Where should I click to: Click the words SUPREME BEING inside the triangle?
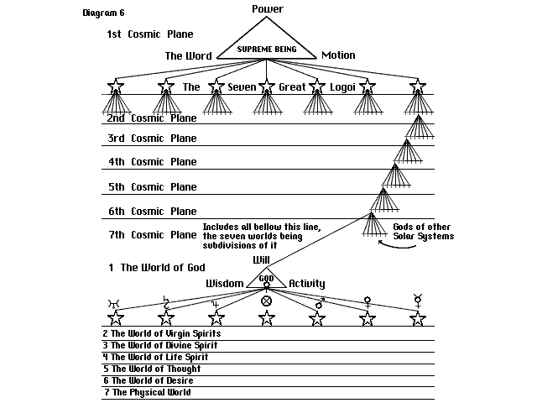267,50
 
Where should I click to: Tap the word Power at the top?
268,9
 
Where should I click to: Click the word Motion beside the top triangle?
338,55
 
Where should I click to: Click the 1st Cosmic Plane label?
150,34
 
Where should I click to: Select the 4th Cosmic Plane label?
152,162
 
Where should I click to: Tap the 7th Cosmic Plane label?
152,234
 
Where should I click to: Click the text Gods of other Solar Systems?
423,232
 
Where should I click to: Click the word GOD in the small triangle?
266,278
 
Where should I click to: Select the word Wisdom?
225,284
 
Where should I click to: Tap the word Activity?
307,284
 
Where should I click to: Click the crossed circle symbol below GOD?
267,300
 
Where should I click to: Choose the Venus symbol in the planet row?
367,300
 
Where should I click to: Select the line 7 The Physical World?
146,392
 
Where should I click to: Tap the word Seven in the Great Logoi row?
242,86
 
